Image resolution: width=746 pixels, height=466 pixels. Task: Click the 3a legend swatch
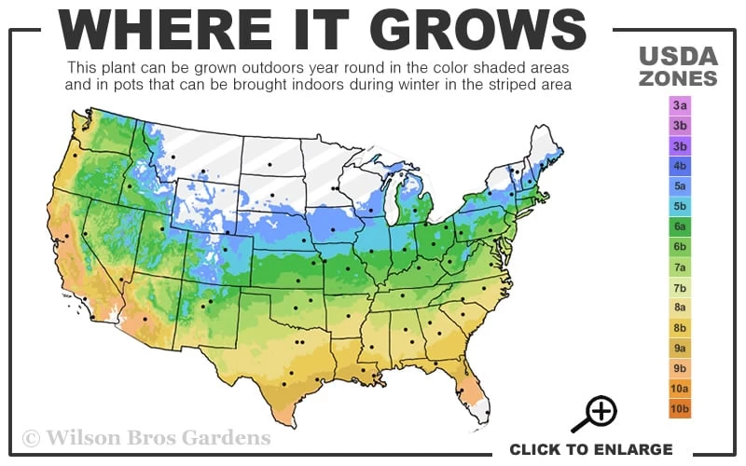tap(680, 106)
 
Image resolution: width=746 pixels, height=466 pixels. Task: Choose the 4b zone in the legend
tap(680, 166)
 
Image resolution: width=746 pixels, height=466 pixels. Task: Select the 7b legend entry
tap(680, 288)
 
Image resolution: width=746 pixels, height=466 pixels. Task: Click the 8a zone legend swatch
tap(680, 308)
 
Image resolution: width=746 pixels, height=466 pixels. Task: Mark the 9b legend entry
tap(680, 368)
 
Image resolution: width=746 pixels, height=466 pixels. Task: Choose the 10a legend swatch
tap(680, 389)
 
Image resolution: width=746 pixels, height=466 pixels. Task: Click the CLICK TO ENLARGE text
tap(590, 449)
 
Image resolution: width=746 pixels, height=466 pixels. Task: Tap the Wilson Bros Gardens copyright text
tap(146, 437)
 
